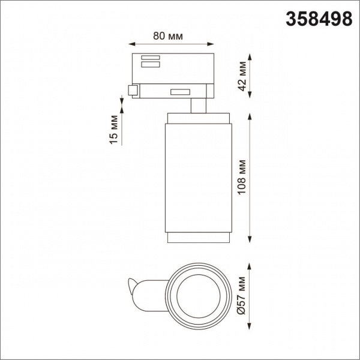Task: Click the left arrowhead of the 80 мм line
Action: (133, 44)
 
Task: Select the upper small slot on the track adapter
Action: (150, 58)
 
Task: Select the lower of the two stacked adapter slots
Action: (150, 64)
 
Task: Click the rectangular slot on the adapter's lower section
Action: (179, 92)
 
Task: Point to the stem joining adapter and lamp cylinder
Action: (198, 106)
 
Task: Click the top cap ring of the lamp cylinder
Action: (198, 116)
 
